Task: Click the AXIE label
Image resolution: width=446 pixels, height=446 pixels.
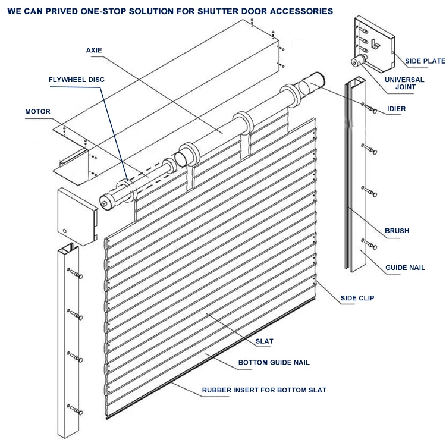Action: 93,50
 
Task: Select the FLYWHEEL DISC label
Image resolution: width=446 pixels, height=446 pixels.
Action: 77,78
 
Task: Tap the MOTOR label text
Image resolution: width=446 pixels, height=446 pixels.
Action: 37,111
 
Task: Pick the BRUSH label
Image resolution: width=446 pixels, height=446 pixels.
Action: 397,231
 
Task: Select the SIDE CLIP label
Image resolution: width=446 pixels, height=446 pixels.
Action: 357,298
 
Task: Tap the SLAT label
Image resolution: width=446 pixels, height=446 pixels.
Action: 264,341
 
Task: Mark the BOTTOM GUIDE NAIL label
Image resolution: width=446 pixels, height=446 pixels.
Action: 274,362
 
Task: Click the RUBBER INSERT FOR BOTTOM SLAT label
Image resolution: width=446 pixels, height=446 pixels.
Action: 264,391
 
